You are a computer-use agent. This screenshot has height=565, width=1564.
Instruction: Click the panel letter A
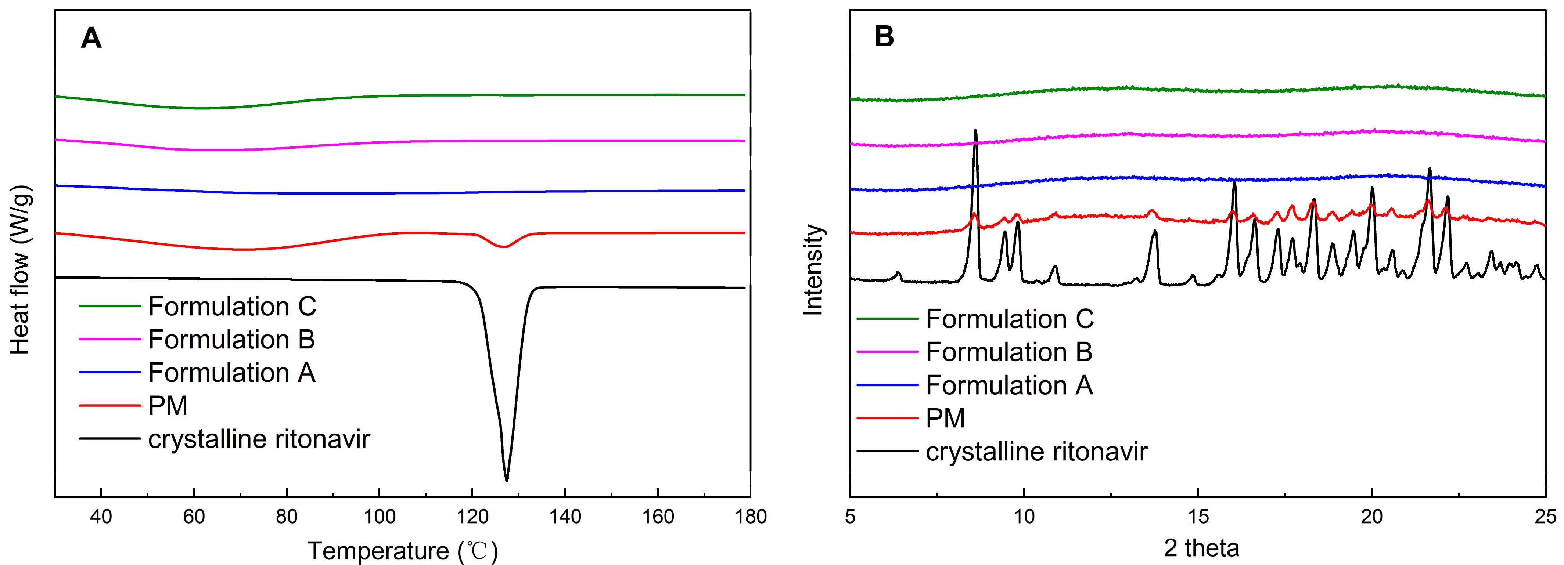click(x=91, y=38)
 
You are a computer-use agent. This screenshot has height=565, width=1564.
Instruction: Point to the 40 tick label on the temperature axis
click(x=101, y=517)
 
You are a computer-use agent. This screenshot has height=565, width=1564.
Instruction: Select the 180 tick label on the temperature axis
click(x=751, y=517)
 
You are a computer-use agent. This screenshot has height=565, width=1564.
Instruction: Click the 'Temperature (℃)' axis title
click(x=403, y=550)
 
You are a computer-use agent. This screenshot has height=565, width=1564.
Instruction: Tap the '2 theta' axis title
click(x=1201, y=548)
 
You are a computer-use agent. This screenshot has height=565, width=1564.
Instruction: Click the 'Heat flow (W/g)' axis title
click(x=20, y=270)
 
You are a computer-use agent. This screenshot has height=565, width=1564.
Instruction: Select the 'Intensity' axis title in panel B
click(x=813, y=270)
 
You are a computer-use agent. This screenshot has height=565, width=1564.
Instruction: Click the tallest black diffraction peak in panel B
click(x=975, y=131)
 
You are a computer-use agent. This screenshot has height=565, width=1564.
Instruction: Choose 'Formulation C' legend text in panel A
click(x=232, y=307)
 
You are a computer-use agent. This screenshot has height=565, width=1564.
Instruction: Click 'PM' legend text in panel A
click(x=168, y=405)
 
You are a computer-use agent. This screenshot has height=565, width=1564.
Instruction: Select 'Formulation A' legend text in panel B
click(x=1009, y=385)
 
